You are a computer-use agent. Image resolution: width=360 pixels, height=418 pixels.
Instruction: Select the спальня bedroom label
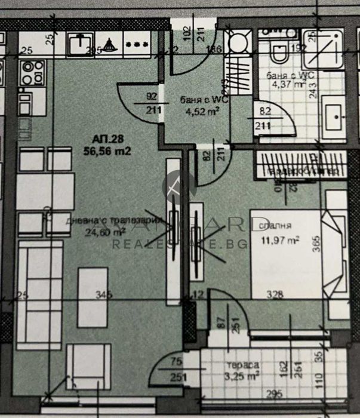pyautogui.click(x=275, y=226)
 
